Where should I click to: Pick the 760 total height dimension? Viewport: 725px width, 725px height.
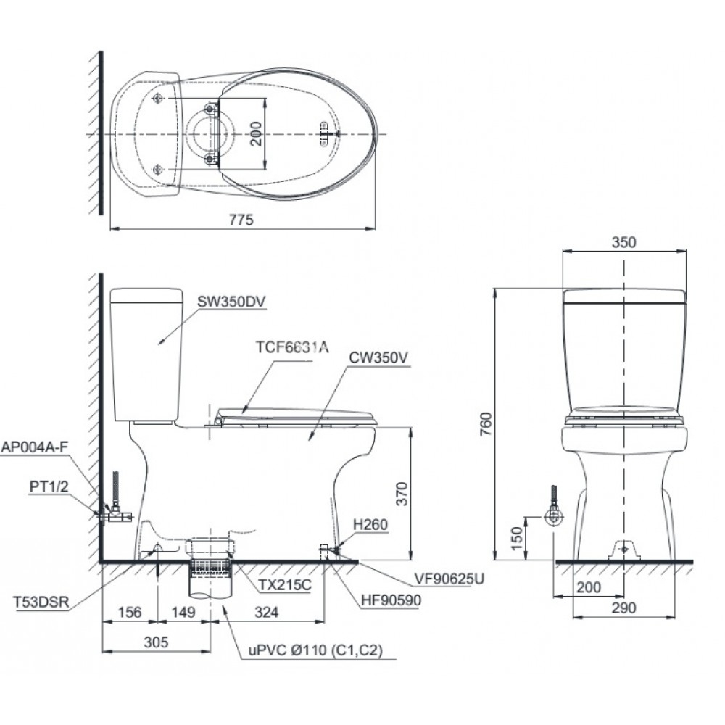485,421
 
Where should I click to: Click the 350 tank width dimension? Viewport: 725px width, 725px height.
623,242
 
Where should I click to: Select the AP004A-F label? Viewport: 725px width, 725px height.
36,447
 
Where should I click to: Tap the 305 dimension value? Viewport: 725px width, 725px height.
156,642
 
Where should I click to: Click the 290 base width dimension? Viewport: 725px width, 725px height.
623,608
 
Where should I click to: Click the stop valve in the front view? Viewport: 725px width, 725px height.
554,515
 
